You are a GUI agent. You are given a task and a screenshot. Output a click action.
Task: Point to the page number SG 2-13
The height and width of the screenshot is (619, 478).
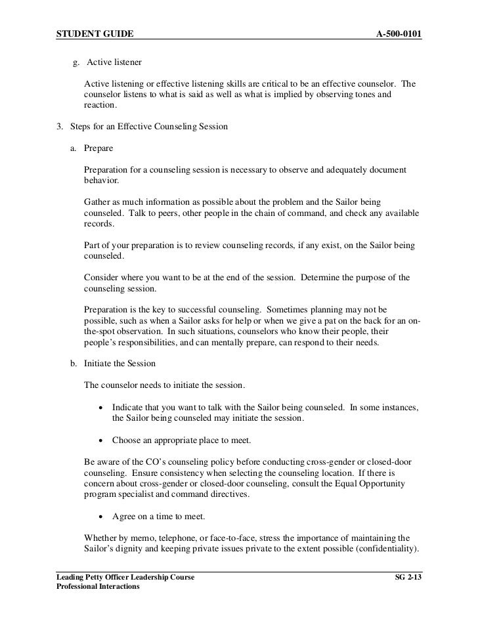point(406,577)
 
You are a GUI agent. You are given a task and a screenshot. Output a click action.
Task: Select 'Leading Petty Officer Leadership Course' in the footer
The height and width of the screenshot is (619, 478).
point(125,577)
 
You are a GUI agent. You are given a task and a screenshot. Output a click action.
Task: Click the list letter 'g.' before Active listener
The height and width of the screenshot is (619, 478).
point(76,63)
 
